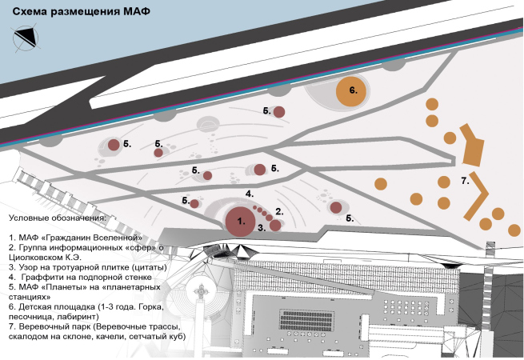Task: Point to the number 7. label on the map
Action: tap(465, 182)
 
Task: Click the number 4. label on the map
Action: tap(250, 194)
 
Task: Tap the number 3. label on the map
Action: tap(261, 228)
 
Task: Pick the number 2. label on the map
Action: tap(279, 212)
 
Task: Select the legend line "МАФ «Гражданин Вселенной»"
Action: tap(79, 238)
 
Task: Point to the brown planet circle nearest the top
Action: tap(279, 112)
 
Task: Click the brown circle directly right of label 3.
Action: tap(274, 226)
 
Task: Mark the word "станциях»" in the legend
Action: tap(31, 295)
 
